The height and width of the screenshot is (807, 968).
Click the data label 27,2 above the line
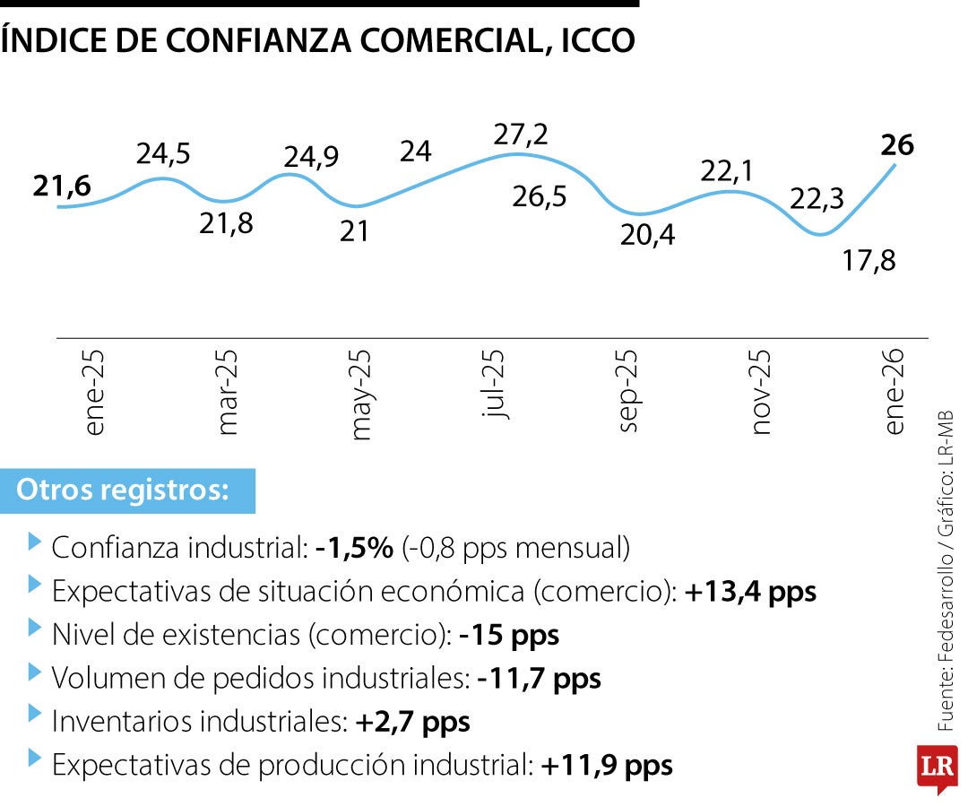click(x=522, y=135)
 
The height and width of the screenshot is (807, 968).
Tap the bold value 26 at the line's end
click(x=897, y=144)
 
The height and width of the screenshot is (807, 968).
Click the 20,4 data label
click(x=650, y=236)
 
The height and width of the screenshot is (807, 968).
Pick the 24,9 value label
click(x=311, y=157)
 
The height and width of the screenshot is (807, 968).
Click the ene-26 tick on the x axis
click(x=895, y=391)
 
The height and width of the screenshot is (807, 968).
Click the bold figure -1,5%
click(x=354, y=548)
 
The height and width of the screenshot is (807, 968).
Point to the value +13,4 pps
click(x=750, y=592)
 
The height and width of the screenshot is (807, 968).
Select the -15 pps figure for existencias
click(x=508, y=636)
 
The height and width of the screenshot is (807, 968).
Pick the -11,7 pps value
click(x=539, y=679)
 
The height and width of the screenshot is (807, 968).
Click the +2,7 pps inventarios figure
click(x=412, y=722)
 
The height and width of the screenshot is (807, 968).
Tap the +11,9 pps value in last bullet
click(x=607, y=766)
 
